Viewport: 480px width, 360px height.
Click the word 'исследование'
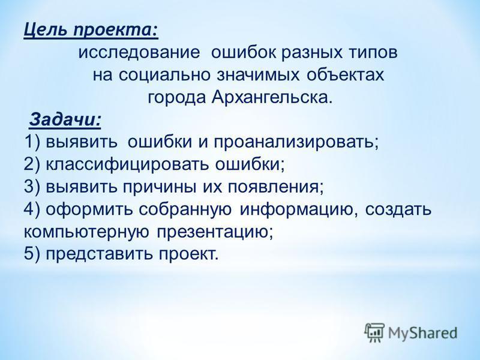[x=139, y=53]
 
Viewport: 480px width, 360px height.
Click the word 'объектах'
[x=345, y=74]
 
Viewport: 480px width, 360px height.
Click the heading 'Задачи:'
[x=65, y=119]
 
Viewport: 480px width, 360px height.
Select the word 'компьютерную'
[x=86, y=233]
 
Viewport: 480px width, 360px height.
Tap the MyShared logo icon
[x=374, y=332]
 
